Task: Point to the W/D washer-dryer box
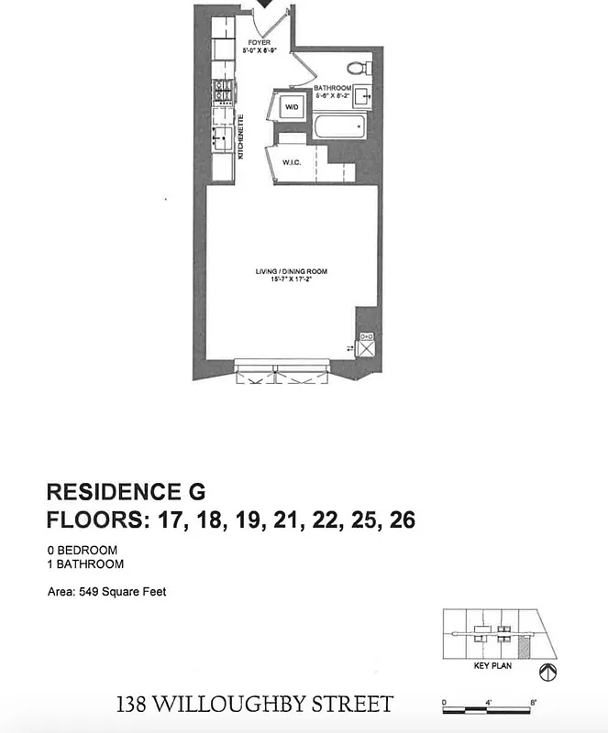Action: click(x=292, y=108)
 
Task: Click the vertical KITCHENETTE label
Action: click(x=241, y=137)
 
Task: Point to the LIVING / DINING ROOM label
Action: click(x=291, y=271)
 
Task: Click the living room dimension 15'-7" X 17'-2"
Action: click(x=291, y=280)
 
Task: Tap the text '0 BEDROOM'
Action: click(x=83, y=551)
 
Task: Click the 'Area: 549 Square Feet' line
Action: click(x=106, y=592)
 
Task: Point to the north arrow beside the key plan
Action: click(x=547, y=673)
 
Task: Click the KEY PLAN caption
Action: click(x=492, y=667)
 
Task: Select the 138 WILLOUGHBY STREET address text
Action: click(x=255, y=705)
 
